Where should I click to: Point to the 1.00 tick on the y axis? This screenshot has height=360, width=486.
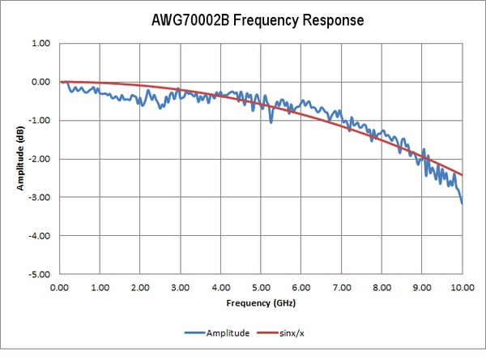[x=40, y=44]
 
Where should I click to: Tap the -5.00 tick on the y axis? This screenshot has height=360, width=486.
[x=39, y=274]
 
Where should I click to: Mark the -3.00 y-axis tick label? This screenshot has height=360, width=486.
[x=39, y=197]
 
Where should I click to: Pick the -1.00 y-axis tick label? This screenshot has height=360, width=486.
[x=39, y=121]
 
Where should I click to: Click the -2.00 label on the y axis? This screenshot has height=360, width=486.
[x=39, y=159]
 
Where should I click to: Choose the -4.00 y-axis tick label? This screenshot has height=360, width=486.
[x=39, y=236]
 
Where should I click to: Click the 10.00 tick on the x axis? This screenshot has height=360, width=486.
[x=462, y=287]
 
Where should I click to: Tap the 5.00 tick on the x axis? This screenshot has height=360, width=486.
[x=261, y=287]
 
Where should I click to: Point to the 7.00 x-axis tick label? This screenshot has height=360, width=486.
[x=342, y=287]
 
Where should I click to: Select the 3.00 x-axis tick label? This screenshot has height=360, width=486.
[x=181, y=287]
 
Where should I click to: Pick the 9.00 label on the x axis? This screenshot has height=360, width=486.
[x=422, y=287]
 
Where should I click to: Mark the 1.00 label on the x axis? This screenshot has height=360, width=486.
[x=100, y=287]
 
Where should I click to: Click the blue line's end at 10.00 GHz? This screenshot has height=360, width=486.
[x=463, y=203]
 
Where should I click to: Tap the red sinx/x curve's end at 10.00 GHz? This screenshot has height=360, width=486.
[x=463, y=174]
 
